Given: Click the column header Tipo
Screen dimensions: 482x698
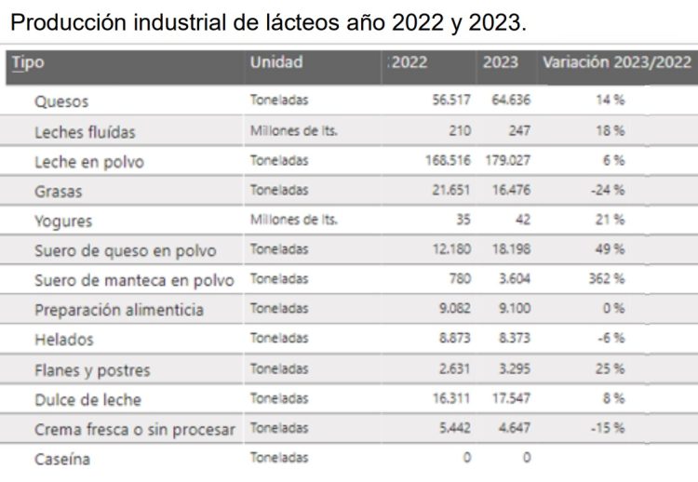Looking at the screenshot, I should click(28, 63).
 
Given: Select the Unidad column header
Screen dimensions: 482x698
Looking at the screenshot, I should click(275, 63).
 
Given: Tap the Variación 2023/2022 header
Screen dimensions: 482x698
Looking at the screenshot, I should click(616, 63).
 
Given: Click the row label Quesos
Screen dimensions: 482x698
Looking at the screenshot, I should click(61, 101).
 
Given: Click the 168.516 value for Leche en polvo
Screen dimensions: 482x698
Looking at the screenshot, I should click(448, 161).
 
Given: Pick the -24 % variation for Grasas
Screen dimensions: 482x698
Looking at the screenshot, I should click(610, 191).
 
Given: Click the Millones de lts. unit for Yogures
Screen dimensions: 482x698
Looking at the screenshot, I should click(293, 221).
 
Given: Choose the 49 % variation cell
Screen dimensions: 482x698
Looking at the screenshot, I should click(611, 251).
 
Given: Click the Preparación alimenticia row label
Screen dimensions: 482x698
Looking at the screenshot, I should click(119, 310).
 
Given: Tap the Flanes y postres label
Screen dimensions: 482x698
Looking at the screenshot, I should click(92, 370).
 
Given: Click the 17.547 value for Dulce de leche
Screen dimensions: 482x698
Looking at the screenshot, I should click(508, 399).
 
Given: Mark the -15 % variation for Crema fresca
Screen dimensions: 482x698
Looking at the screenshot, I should click(610, 428).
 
